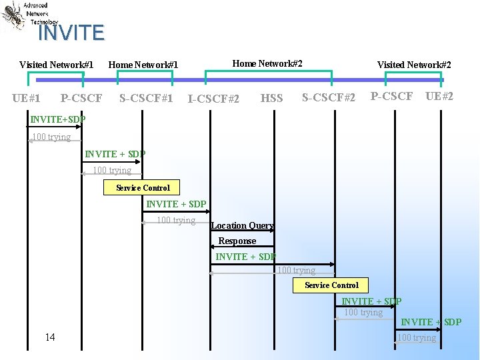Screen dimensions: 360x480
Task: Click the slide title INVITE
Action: click(71, 32)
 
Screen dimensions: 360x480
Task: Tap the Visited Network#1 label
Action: click(56, 65)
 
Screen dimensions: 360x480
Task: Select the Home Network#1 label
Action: click(143, 65)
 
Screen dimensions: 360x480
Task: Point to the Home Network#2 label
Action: click(267, 63)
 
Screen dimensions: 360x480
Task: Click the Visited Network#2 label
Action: click(414, 65)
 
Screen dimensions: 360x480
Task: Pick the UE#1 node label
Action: click(26, 98)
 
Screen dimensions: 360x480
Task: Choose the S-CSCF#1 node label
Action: click(146, 98)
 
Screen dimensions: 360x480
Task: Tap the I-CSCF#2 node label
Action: click(213, 99)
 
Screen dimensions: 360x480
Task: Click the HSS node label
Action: click(271, 98)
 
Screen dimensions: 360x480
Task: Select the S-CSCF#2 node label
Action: click(329, 97)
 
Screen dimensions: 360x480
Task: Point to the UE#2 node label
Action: click(439, 96)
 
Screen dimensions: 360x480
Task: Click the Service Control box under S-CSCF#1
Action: click(143, 188)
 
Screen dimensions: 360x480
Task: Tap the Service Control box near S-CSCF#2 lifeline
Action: click(331, 285)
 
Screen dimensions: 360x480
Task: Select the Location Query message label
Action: click(243, 225)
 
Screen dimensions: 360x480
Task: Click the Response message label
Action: click(237, 241)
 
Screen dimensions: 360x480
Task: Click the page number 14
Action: click(50, 337)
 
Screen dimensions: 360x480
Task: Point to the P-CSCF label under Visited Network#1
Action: click(81, 98)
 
